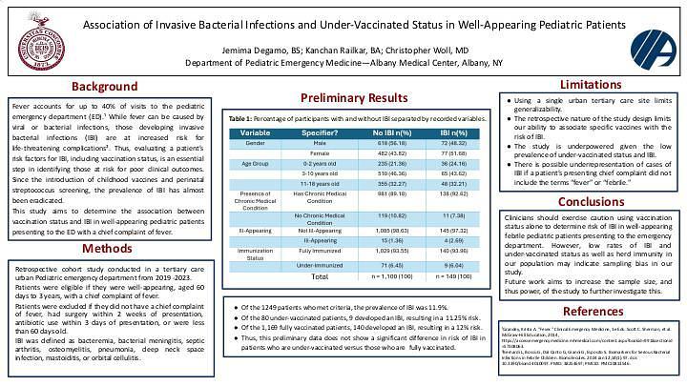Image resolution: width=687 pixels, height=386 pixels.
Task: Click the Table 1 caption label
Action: [x=242, y=115]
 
